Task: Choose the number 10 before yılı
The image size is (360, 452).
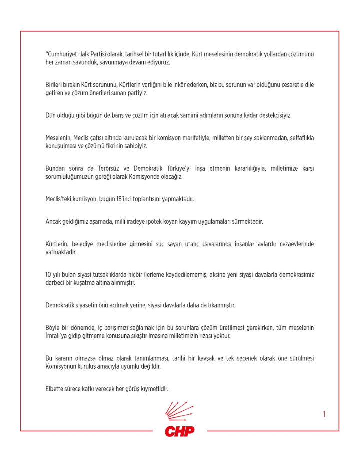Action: coord(49,275)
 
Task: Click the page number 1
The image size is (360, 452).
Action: coord(324,414)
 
